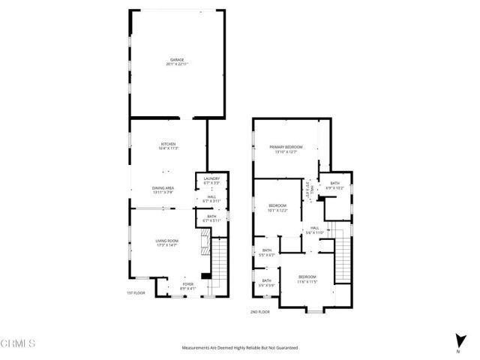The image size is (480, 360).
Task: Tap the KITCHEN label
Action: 168,145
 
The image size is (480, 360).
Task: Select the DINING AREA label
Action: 163,190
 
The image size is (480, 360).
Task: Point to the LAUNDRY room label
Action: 211,180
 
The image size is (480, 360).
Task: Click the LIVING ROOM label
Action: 166,242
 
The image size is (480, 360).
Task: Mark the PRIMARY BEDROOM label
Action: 285,148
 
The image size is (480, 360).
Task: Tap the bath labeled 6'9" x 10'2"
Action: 334,184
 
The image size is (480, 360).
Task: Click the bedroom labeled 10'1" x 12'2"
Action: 278,208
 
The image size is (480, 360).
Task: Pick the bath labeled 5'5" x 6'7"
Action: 267,253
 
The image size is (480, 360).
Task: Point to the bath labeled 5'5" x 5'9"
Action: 267,283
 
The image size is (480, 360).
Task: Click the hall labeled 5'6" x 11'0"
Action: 314,230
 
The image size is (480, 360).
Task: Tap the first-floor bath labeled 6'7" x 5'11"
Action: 211,218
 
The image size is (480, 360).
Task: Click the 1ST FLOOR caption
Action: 136,293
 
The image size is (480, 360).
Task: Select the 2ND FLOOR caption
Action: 260,311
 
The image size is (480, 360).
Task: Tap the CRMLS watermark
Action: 19,344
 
